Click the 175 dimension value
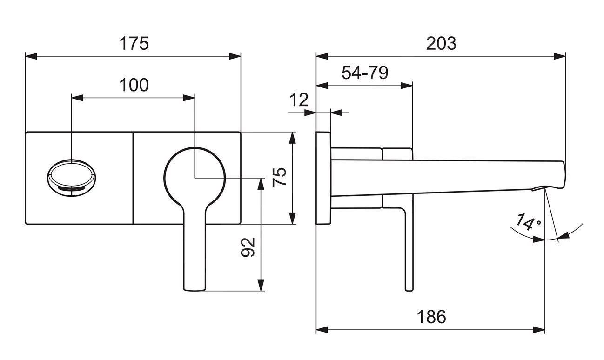pos(134,43)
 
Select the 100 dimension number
pos(134,85)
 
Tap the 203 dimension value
pos(441,43)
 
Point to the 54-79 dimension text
pos(365,73)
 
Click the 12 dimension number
pos(299,100)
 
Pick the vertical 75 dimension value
pos(279,177)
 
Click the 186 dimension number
pos(430,317)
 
